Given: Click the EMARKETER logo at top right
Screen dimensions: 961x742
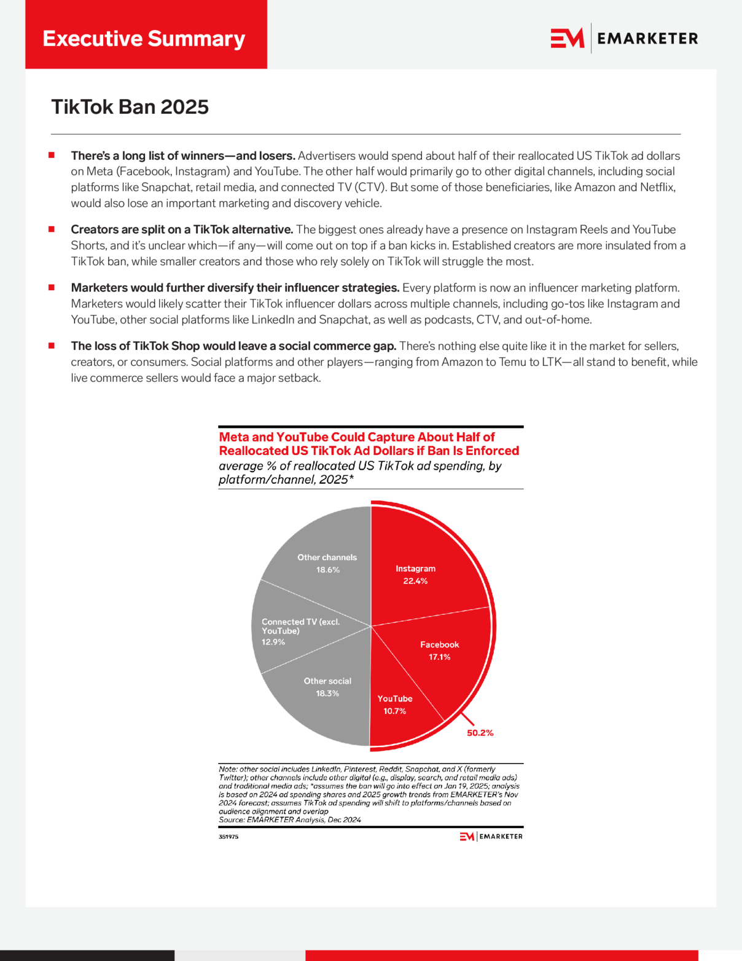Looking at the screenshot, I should click(x=624, y=38).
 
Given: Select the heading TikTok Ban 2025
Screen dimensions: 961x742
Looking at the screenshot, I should click(x=130, y=107).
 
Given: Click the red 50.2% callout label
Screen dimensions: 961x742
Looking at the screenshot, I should click(x=480, y=733).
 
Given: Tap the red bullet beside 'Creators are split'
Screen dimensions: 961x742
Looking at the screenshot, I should click(x=52, y=229).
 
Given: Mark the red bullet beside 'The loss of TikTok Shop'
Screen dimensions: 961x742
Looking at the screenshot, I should click(x=52, y=346).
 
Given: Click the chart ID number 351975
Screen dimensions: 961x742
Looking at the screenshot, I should click(x=228, y=837).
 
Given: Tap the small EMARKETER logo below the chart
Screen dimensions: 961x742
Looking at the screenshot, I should click(x=491, y=836).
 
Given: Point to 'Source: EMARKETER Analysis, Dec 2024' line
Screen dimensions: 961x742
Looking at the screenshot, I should click(x=289, y=820).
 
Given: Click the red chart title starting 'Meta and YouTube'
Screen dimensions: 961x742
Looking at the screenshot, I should click(x=369, y=444).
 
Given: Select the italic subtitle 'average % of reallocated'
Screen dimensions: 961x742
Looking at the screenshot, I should click(x=360, y=473).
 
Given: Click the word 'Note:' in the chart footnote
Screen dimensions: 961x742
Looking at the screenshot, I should click(x=228, y=769).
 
